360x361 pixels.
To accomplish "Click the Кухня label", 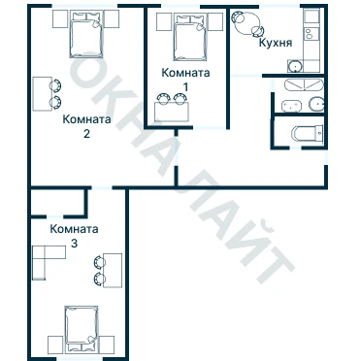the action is click(x=276, y=43).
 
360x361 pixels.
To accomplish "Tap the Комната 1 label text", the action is click(x=185, y=80).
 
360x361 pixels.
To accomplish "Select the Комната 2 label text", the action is click(x=86, y=126).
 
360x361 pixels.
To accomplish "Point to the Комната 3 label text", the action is click(x=74, y=236).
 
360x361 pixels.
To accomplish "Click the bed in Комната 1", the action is click(x=190, y=37).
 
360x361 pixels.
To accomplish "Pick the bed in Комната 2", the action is click(x=86, y=34).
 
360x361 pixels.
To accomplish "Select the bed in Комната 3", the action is click(x=81, y=330).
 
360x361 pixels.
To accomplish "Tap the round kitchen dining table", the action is click(x=245, y=23).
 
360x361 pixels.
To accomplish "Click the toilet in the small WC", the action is click(x=308, y=133).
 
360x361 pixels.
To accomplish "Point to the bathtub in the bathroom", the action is click(x=304, y=84).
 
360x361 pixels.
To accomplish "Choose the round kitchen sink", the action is click(x=295, y=66).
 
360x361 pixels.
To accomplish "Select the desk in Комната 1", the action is click(x=172, y=112).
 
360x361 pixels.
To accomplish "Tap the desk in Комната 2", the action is click(x=43, y=94).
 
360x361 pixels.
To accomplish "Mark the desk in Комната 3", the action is click(x=113, y=271).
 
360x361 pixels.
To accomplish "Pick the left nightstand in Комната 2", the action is click(x=60, y=18).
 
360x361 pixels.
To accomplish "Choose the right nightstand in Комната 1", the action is click(x=215, y=22).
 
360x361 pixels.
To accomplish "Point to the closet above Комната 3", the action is click(x=58, y=202).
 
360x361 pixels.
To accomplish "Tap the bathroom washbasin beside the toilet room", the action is click(x=316, y=104).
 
